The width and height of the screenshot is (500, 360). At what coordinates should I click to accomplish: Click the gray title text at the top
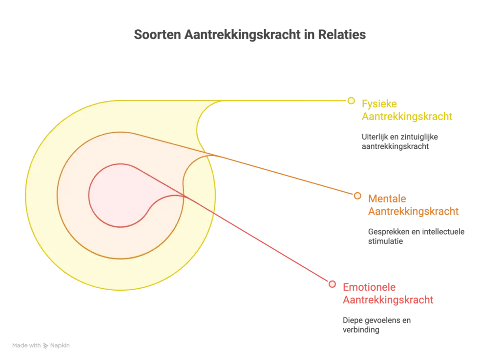[x=250, y=36]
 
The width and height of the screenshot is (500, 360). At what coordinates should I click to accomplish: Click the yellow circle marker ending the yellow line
[x=351, y=101]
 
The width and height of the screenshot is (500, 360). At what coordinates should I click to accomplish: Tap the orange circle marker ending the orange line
[x=357, y=196]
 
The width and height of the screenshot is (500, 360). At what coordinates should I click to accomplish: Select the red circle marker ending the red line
[x=332, y=284]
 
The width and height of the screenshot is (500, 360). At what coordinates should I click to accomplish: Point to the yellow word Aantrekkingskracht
[x=406, y=117]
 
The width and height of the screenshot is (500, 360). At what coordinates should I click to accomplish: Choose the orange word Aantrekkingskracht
[x=413, y=212]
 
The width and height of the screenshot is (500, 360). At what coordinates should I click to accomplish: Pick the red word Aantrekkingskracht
[x=387, y=300]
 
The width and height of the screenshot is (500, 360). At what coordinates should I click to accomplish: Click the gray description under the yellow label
[x=400, y=141]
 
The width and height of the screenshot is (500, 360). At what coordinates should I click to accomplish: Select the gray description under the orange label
[x=415, y=235]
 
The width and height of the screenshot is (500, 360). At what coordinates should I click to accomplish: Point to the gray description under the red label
[x=376, y=325]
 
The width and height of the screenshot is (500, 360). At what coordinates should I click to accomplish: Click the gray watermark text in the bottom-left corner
[x=41, y=345]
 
